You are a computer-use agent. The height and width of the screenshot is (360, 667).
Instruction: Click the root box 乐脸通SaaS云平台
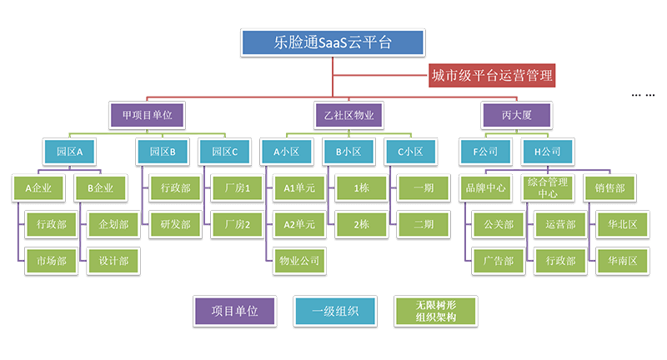coord(332,42)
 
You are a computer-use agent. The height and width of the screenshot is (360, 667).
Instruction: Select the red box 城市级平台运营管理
coord(490,77)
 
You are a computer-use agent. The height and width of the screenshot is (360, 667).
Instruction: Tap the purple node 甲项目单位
coord(147,114)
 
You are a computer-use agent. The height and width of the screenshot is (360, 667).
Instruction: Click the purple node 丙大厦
coord(516,114)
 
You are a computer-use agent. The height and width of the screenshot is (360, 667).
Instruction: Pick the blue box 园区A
coord(69,152)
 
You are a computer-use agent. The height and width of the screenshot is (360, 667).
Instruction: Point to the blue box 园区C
coord(224,152)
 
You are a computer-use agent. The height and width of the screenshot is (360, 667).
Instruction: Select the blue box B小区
coord(349,152)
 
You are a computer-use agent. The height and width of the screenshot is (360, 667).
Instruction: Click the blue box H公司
coord(547,152)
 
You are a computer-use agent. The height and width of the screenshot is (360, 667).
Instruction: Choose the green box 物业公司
coord(299,261)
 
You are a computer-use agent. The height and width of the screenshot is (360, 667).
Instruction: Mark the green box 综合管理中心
coord(548,188)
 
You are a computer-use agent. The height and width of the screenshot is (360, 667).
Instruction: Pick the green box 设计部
coord(113,261)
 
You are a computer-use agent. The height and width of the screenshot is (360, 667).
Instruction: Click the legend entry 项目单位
coord(234,311)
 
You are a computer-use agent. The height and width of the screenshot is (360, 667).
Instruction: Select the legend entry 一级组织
coord(336,311)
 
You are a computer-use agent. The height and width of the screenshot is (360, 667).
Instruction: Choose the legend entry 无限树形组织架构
coord(437,311)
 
